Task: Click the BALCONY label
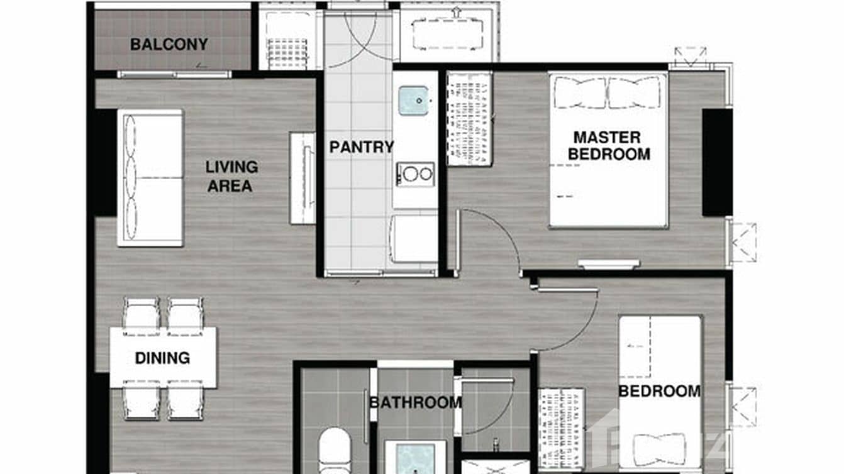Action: coord(169,45)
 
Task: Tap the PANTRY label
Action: coord(362,147)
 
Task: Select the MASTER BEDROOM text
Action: coord(608,145)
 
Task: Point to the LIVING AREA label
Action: coord(232,177)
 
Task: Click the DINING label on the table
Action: coord(162,358)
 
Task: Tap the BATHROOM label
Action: coord(415,402)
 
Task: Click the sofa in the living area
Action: coord(150,178)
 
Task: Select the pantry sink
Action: coord(414,101)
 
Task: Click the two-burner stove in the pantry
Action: coord(415,174)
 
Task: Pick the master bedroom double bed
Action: coord(608,150)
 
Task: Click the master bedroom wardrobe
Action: coord(469,119)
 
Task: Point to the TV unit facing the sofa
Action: coord(303,177)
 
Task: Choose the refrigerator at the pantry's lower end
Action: coord(414,239)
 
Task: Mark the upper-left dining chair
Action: coord(141,312)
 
